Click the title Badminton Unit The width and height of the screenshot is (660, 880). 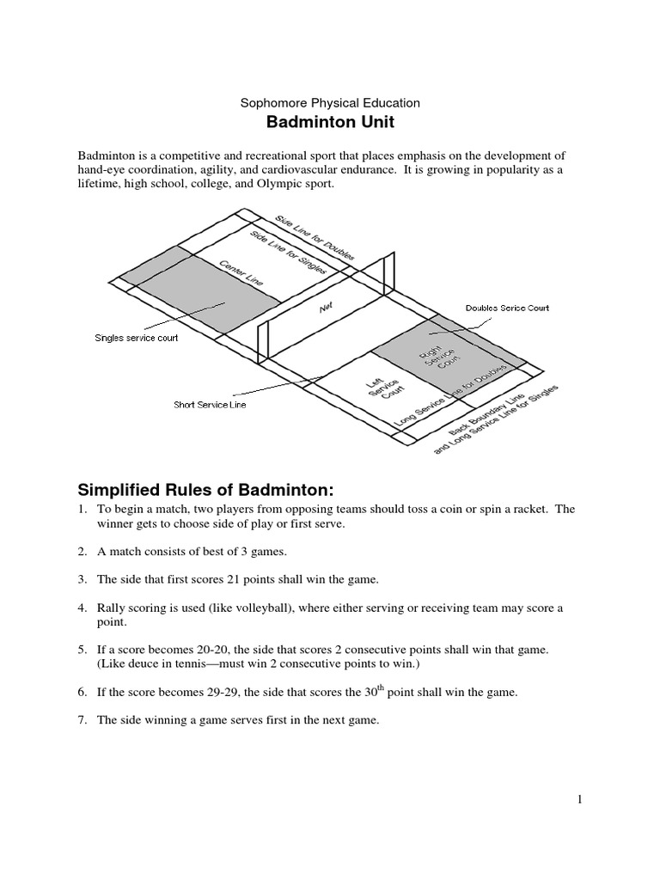pos(330,122)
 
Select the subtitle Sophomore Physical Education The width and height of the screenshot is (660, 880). pos(330,102)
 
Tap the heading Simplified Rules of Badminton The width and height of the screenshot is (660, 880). pos(205,490)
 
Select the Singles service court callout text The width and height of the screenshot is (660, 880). pos(136,338)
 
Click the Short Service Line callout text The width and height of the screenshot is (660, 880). pos(210,405)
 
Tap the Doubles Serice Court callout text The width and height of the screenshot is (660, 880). pos(507,308)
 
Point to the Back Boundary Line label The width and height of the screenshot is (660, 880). pos(490,409)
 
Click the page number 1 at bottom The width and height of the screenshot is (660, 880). pos(580,800)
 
